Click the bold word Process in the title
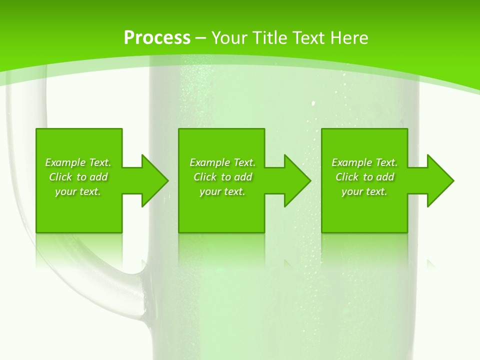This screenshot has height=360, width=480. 157,38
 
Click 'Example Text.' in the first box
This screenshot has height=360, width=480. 78,162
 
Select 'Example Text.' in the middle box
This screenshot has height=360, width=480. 222,162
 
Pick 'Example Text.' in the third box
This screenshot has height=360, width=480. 364,162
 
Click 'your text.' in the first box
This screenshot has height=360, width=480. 78,191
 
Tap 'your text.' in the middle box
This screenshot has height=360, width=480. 222,191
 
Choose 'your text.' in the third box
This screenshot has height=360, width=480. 364,191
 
